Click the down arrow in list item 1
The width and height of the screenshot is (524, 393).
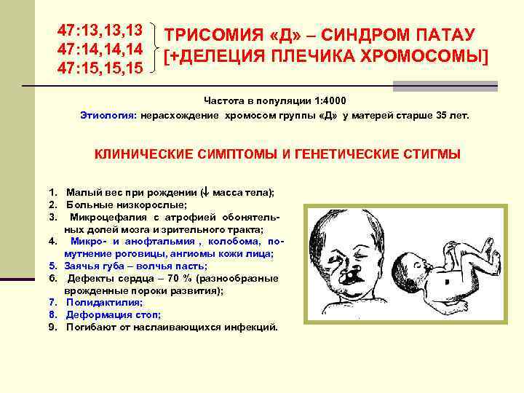pos(205,193)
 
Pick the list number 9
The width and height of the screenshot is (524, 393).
pos(52,327)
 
